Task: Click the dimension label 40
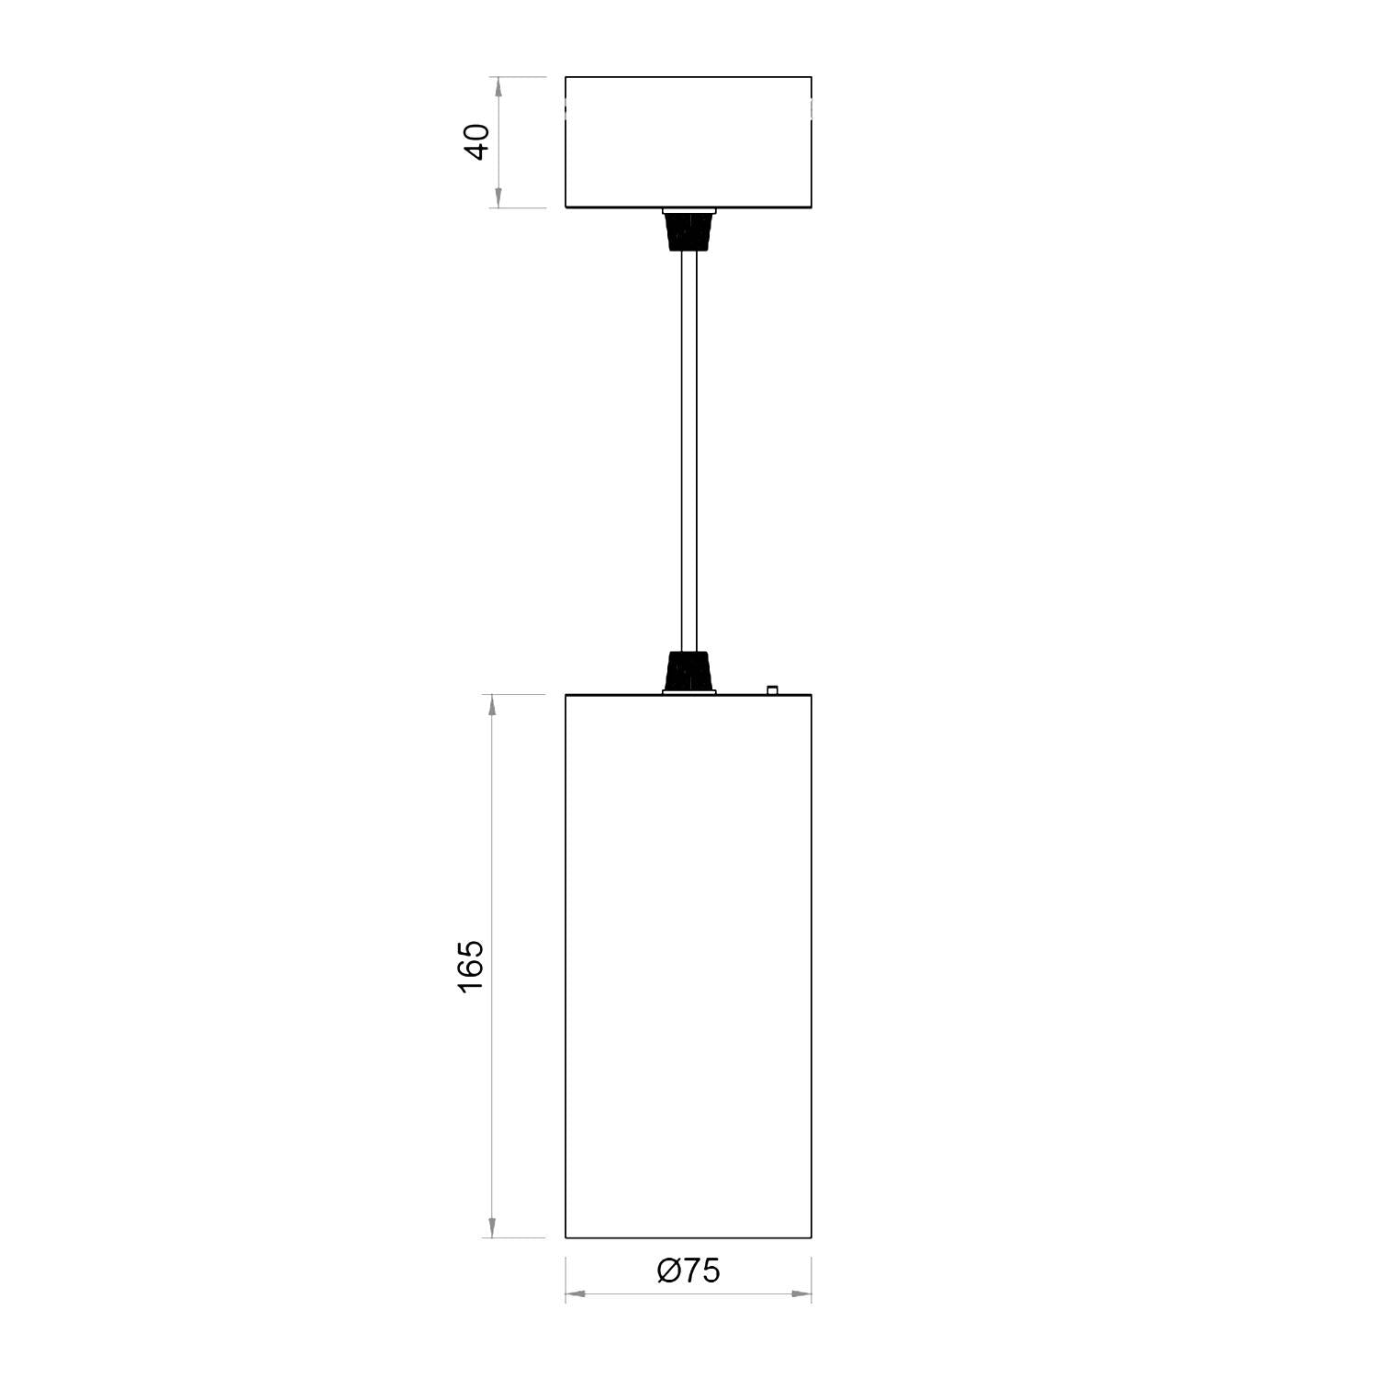pyautogui.click(x=477, y=141)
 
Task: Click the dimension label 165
pyautogui.click(x=470, y=965)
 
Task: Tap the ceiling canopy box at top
pyautogui.click(x=688, y=141)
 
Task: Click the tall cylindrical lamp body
pyautogui.click(x=688, y=964)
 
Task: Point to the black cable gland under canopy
pyautogui.click(x=688, y=231)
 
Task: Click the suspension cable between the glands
pyautogui.click(x=688, y=450)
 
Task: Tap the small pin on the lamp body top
pyautogui.click(x=772, y=688)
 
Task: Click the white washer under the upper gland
pyautogui.click(x=688, y=211)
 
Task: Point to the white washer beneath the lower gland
pyautogui.click(x=688, y=692)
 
